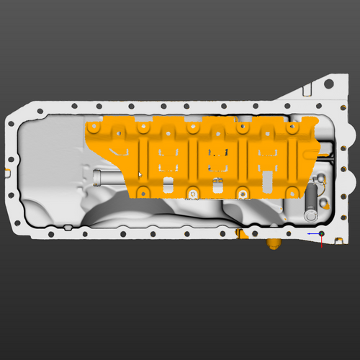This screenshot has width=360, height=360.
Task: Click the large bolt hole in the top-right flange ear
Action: click(329, 84)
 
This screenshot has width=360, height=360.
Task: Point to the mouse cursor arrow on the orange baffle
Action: click(140, 174)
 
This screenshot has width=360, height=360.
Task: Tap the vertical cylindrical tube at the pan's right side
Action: click(310, 201)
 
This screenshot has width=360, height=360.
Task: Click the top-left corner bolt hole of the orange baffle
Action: click(93, 127)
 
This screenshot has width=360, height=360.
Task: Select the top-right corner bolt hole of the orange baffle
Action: click(293, 127)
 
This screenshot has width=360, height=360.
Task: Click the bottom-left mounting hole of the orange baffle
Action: click(143, 192)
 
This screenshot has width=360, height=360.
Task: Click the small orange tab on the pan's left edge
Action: click(6, 171)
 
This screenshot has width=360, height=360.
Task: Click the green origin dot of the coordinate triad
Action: click(321, 233)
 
